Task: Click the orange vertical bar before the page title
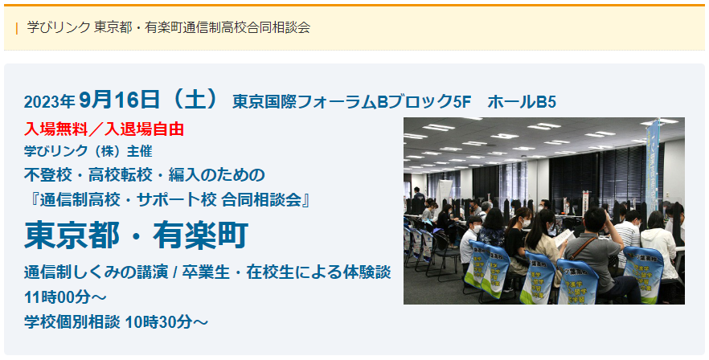pyautogui.click(x=17, y=28)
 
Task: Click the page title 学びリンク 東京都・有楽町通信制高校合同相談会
pyautogui.click(x=169, y=27)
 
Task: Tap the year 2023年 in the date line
pyautogui.click(x=49, y=102)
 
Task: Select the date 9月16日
pyautogui.click(x=119, y=100)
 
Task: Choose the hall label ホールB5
pyautogui.click(x=522, y=102)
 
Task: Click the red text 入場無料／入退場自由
pyautogui.click(x=104, y=129)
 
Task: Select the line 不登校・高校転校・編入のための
pyautogui.click(x=145, y=175)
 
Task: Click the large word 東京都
pyautogui.click(x=72, y=235)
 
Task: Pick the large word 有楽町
pyautogui.click(x=201, y=235)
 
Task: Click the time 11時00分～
pyautogui.click(x=65, y=297)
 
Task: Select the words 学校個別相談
pyautogui.click(x=72, y=322)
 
